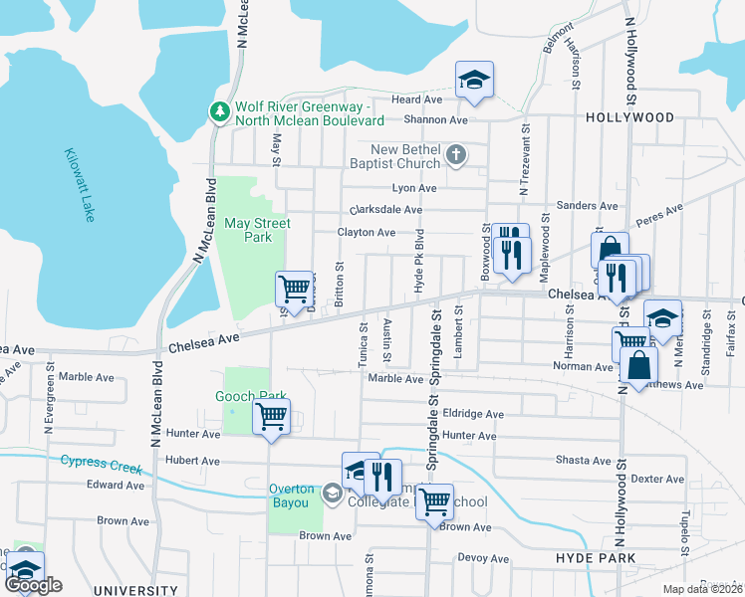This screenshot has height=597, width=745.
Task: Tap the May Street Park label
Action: [x=257, y=230]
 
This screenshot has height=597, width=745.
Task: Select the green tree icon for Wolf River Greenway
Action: [x=219, y=112]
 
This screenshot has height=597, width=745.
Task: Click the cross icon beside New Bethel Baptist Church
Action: [x=456, y=155]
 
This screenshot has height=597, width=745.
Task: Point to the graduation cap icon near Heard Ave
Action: [x=475, y=81]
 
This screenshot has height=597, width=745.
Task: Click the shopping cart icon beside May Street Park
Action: [x=294, y=290]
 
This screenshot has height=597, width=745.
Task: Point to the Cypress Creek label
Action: [x=95, y=461]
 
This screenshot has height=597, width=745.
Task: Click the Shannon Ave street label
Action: [x=443, y=119]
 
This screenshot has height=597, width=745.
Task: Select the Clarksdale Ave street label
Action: [x=385, y=210]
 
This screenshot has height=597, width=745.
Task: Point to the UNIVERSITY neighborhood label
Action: [x=134, y=591]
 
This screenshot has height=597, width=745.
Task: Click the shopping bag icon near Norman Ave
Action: [x=637, y=364]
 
